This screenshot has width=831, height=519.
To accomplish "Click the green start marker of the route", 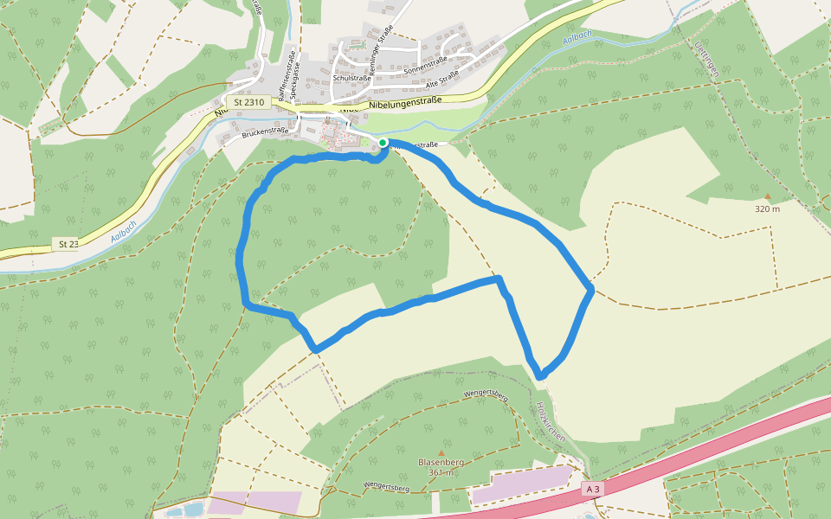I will tap(383, 143).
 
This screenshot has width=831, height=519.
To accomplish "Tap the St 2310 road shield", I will tap(249, 102).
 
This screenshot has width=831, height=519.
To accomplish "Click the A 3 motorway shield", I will tap(593, 489).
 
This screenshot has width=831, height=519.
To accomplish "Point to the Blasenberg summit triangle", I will tap(441, 452).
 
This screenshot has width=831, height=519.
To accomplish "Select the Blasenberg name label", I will tap(441, 462).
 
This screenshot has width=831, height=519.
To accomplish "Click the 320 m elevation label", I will tap(767, 208).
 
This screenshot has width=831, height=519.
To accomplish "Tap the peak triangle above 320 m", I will tap(767, 196).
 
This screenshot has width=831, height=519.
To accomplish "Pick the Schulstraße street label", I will tap(351, 78).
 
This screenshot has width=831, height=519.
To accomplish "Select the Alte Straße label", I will tap(442, 79).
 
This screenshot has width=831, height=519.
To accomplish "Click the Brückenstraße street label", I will tap(265, 131).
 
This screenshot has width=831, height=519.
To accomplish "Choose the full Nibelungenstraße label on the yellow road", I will tap(405, 103).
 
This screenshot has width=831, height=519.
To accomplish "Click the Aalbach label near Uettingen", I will tap(577, 39).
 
